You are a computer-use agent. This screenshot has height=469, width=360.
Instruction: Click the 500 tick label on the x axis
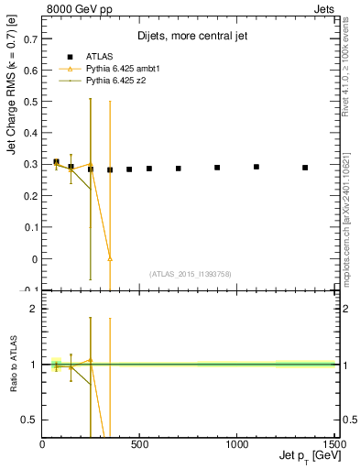139,445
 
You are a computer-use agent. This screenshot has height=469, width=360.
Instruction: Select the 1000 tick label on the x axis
236,445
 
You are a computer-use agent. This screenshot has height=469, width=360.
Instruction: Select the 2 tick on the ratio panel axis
34,309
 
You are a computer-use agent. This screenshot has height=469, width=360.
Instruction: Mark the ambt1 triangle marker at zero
110,259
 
